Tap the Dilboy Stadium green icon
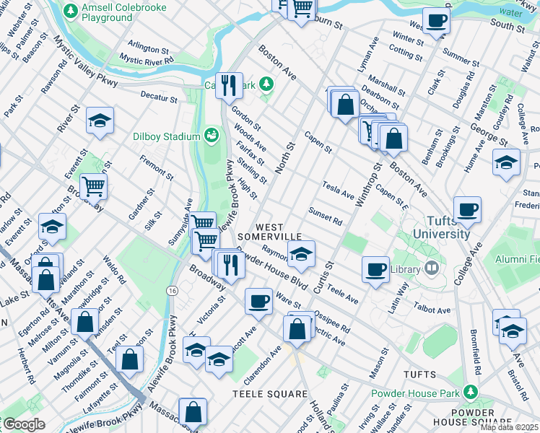point(211,135)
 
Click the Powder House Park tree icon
point(471,393)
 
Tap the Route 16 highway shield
point(172,290)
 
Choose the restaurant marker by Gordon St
point(229,86)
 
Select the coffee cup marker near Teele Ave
point(375,270)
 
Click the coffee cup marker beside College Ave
point(467,209)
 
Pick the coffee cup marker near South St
point(436,20)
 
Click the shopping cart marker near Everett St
point(93,186)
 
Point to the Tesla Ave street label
point(338,191)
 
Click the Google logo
point(25,424)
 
